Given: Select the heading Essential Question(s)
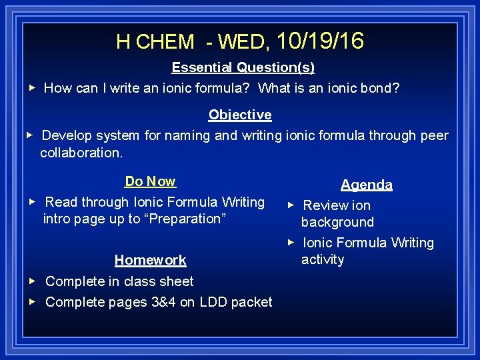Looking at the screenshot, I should coord(243,67).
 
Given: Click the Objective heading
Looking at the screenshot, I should coord(240,115).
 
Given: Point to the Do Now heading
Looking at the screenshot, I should coord(150,181).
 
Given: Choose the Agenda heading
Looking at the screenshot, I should coord(367,185).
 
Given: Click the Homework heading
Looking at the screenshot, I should coord(150,260).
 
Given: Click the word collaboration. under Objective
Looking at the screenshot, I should coord(81,153).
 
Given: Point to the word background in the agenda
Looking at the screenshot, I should coord(337,222).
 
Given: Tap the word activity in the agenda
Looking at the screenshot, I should coord(323,259).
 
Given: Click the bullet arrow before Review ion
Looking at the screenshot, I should coord(290,205).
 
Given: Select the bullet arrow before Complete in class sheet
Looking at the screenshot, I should coord(31,281).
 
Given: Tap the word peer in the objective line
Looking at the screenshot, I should coord(434,135).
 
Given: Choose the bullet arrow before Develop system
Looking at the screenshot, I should coord(29,135).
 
